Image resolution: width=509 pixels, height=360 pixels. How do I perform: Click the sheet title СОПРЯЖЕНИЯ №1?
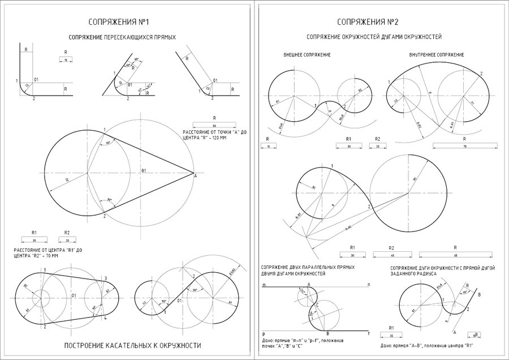(x=118, y=22)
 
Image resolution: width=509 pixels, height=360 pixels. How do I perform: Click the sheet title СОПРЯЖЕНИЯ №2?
(x=368, y=22)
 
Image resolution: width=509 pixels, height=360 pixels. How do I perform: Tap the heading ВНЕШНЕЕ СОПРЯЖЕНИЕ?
(x=307, y=55)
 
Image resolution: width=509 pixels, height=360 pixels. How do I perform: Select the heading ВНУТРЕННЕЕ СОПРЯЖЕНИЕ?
(x=436, y=55)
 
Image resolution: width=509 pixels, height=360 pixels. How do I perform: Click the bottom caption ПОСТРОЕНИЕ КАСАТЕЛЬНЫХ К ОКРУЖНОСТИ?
(x=133, y=345)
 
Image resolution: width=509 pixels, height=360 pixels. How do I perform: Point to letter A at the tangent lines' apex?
(x=195, y=177)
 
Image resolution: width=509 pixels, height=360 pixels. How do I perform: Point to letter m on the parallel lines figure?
(x=264, y=285)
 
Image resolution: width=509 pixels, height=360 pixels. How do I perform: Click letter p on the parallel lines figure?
(x=264, y=334)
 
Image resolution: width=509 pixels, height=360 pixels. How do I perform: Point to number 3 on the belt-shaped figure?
(x=105, y=278)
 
